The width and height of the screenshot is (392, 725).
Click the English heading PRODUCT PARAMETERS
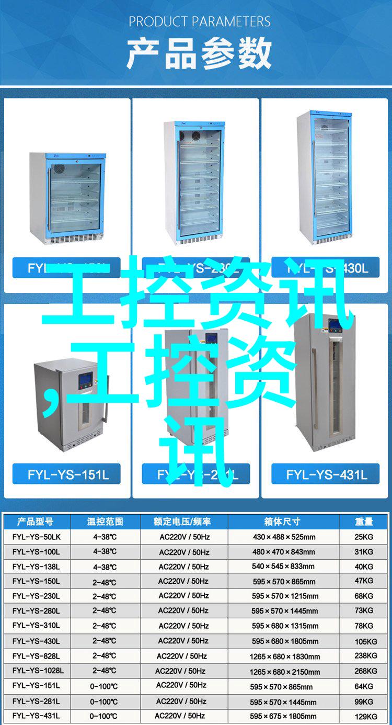point(200,21)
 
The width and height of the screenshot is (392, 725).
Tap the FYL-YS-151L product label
point(68,474)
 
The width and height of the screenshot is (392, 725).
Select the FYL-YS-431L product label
point(326,474)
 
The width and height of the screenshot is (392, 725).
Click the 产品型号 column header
point(36,522)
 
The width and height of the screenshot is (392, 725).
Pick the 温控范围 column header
point(105,522)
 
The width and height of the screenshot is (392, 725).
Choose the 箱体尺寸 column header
point(283,522)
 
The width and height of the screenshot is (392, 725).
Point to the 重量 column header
point(364,522)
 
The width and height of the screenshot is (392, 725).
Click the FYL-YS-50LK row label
point(37,537)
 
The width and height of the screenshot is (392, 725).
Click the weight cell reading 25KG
point(364,537)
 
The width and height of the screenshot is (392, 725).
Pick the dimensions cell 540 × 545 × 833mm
point(283,567)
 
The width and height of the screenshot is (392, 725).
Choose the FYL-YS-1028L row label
point(38,671)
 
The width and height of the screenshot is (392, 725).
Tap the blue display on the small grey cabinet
point(85,380)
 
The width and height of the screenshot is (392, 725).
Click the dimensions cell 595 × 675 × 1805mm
point(283,716)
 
